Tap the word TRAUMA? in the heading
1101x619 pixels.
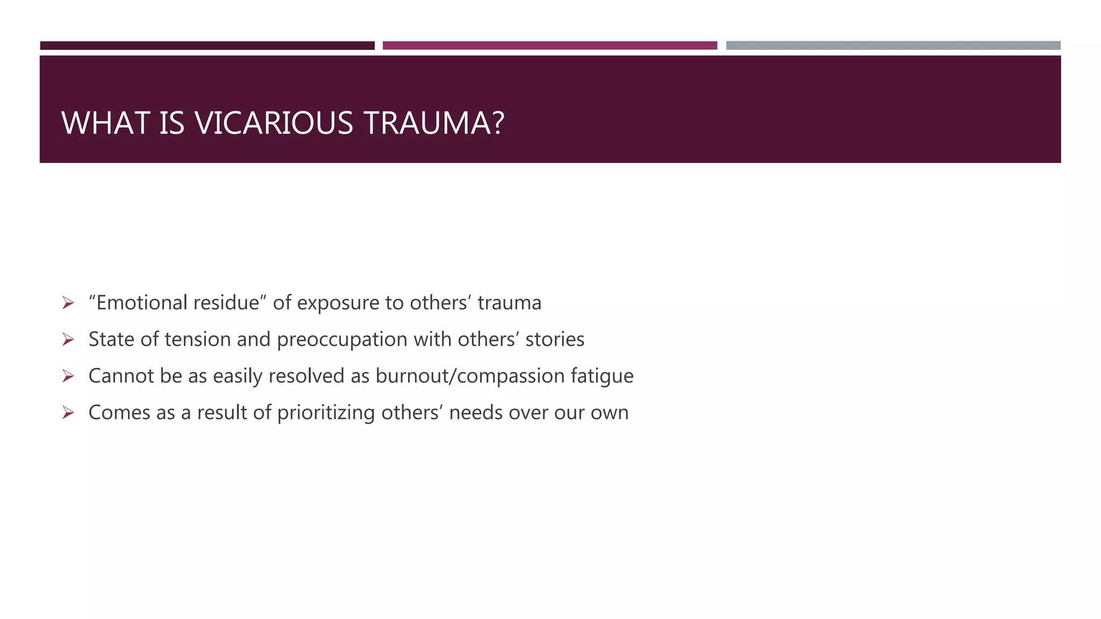pos(434,123)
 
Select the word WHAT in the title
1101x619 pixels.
pos(105,123)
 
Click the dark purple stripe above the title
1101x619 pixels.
pos(207,46)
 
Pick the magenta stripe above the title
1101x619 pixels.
pos(549,46)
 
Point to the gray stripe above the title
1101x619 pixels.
pos(893,46)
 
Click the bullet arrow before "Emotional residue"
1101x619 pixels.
pos(68,303)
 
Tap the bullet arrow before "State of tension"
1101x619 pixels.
pos(68,340)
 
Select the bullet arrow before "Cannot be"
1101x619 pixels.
pos(68,376)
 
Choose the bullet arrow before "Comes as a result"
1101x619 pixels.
pos(68,413)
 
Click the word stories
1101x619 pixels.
pos(555,340)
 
